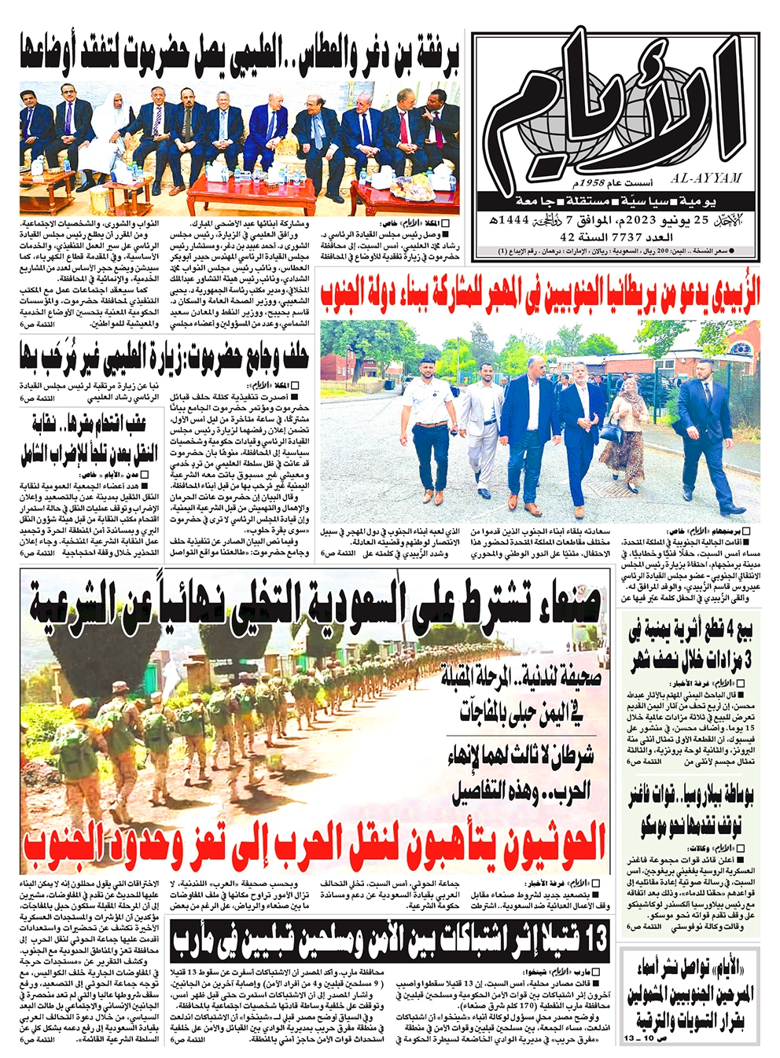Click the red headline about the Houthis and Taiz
(315, 843)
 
